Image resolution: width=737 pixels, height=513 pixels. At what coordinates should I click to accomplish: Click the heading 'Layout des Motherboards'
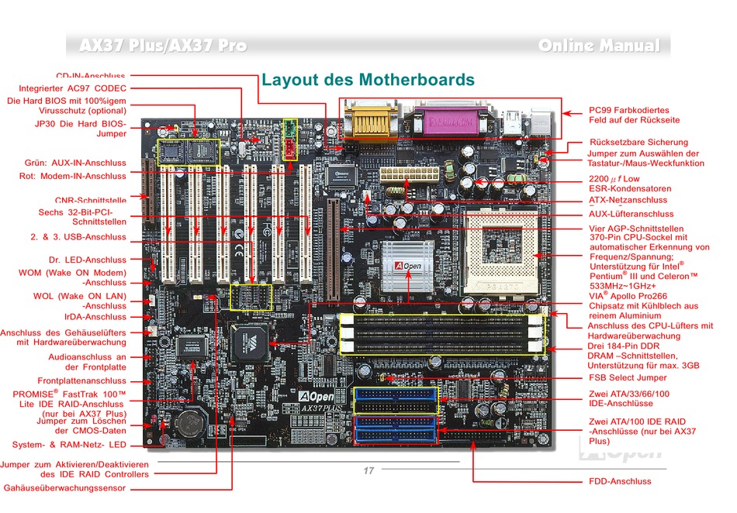[368, 80]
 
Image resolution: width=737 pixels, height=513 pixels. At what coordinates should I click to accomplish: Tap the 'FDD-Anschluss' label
[620, 481]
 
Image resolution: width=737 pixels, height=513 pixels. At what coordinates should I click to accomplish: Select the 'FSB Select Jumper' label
[627, 377]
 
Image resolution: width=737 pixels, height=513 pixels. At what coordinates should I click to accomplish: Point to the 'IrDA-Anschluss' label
[95, 317]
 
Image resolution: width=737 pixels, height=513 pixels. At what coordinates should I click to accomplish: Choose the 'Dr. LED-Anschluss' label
[87, 260]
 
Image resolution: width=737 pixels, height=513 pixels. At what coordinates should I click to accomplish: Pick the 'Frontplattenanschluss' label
[81, 381]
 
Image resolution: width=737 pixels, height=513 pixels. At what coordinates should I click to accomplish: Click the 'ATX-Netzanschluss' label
[628, 201]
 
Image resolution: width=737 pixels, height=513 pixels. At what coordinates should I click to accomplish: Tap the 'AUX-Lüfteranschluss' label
[631, 214]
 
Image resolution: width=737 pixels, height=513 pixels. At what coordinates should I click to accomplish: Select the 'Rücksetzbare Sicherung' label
[638, 143]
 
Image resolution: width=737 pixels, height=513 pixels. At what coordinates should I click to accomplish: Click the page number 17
[368, 470]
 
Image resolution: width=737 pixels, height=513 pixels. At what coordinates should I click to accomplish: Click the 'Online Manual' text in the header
[599, 46]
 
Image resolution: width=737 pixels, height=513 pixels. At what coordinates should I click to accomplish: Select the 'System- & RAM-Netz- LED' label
[69, 445]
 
